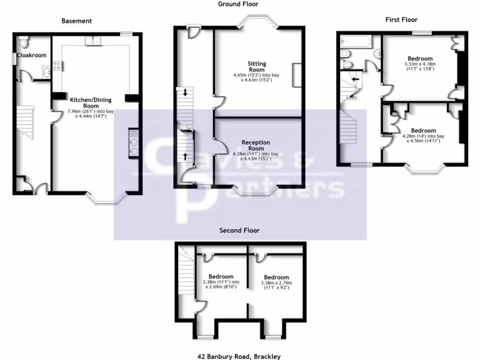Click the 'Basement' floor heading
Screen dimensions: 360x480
(x=76, y=21)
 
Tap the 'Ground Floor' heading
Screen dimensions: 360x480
(x=238, y=4)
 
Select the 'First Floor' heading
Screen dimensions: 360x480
(x=401, y=20)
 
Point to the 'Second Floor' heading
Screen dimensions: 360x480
(x=240, y=230)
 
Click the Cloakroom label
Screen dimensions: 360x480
(x=32, y=55)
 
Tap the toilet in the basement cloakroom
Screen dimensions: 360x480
(x=24, y=43)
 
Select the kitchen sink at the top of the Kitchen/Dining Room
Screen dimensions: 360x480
(x=93, y=41)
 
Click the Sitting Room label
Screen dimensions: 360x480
(x=257, y=67)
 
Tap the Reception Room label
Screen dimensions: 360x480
(x=256, y=145)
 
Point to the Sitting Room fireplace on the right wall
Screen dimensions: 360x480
(x=296, y=75)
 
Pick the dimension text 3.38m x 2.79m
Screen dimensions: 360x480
(x=276, y=283)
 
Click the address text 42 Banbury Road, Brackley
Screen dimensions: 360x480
(x=239, y=356)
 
